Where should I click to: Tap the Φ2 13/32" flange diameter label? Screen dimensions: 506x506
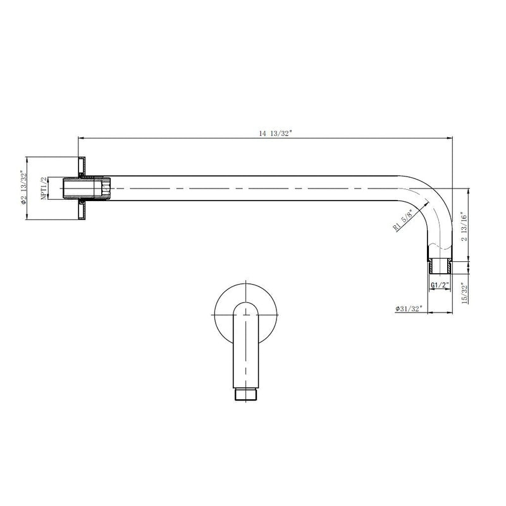click(23, 188)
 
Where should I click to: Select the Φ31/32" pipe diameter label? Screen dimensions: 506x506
click(408, 309)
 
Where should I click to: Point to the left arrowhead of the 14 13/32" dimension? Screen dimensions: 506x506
click(81, 137)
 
